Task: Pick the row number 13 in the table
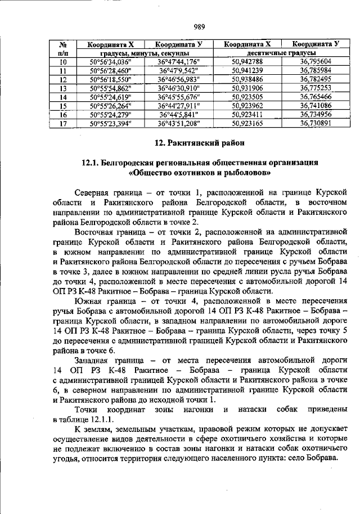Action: [63, 88]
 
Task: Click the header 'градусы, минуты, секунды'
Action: [145, 53]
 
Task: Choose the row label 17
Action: [63, 123]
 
